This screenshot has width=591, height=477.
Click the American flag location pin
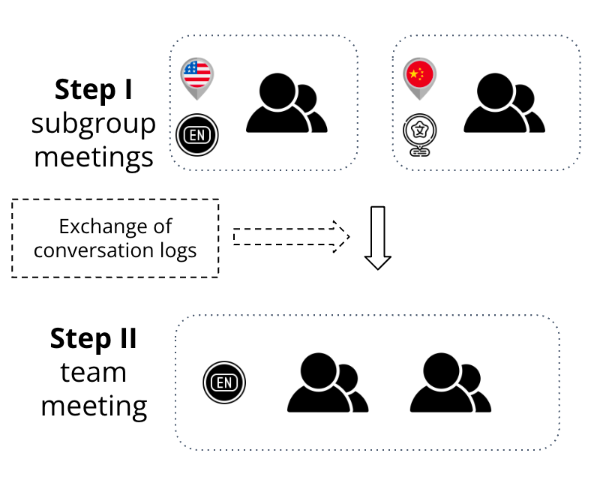(x=197, y=76)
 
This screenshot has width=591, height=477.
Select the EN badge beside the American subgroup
(x=196, y=135)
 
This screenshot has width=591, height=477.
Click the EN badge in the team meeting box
(x=223, y=382)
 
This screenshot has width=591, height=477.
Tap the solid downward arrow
(x=378, y=237)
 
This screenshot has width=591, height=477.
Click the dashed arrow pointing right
(x=292, y=236)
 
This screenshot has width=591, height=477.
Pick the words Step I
(x=94, y=89)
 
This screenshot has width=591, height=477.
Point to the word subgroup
(x=94, y=124)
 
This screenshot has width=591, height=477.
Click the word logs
(x=179, y=250)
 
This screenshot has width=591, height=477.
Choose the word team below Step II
(x=94, y=372)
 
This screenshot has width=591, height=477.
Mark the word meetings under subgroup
(x=94, y=157)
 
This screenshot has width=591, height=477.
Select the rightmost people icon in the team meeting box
(x=450, y=383)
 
